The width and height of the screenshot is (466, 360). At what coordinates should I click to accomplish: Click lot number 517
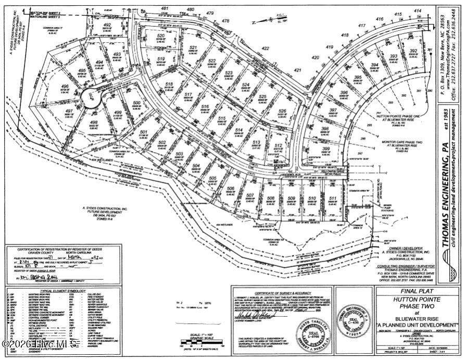[x=189, y=95]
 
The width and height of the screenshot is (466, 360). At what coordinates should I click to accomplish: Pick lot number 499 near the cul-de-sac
[x=118, y=113]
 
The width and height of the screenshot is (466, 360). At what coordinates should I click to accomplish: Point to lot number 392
[x=414, y=51]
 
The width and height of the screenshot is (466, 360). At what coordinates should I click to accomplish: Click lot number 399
[x=326, y=149]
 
